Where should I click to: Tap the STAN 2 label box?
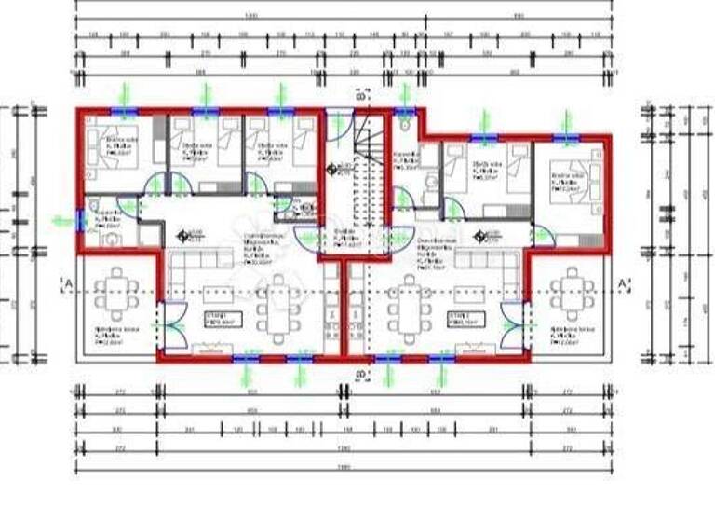click(464, 320)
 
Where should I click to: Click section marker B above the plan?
click(361, 94)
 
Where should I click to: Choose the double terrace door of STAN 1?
click(165, 322)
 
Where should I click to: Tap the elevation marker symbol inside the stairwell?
click(332, 169)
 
